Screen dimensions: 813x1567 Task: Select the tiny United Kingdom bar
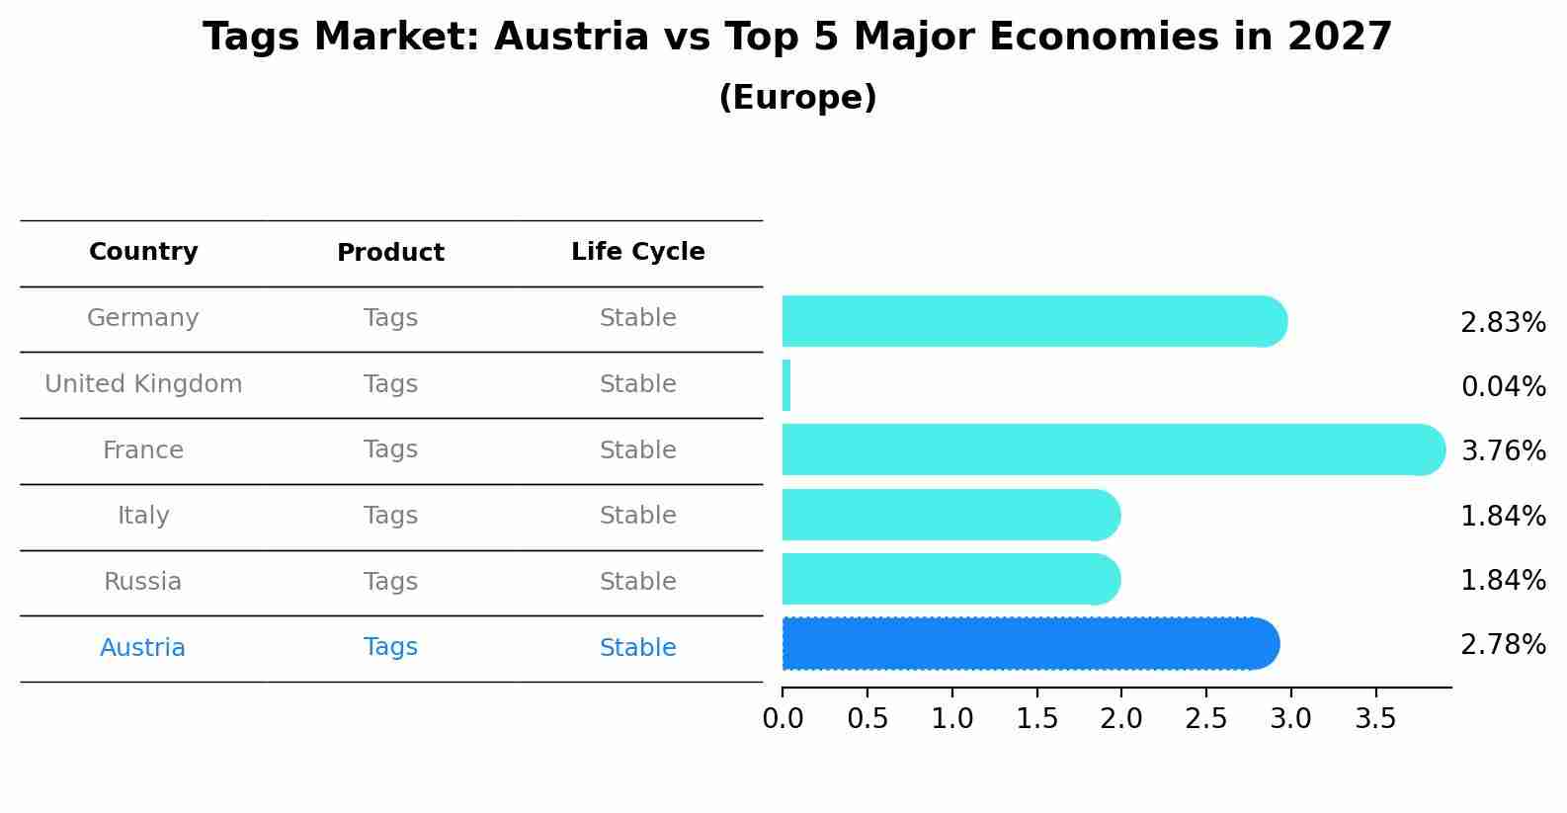point(786,385)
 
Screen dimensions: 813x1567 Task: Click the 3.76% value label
point(1503,451)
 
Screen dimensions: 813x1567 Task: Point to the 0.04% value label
point(1503,387)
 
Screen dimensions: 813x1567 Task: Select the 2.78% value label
point(1503,645)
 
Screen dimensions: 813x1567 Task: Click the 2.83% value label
point(1503,323)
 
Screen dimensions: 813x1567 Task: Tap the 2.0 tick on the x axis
point(1121,719)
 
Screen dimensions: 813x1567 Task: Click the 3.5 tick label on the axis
point(1375,719)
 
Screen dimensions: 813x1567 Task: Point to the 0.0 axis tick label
point(783,719)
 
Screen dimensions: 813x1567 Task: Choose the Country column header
point(143,252)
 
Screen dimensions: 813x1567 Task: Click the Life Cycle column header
point(637,252)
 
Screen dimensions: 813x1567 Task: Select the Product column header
point(390,253)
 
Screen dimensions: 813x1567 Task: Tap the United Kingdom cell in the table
point(143,384)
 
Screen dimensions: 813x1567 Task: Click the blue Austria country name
point(142,648)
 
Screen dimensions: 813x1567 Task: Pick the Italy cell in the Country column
point(143,516)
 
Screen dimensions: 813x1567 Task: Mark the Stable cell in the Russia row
point(637,582)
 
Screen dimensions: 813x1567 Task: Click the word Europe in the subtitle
point(797,98)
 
